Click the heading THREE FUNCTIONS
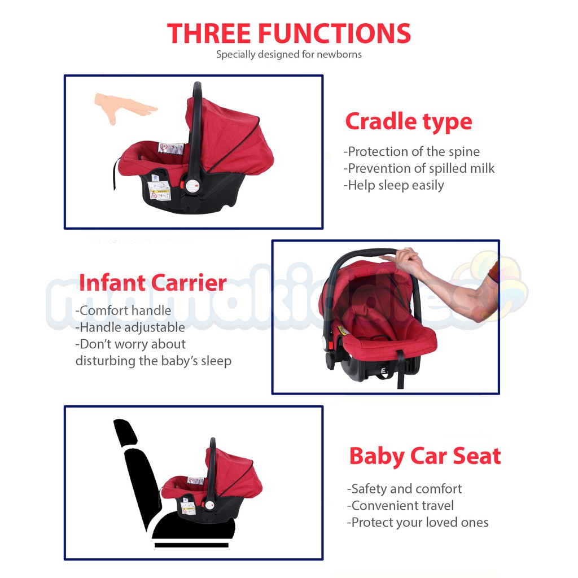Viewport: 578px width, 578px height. (x=288, y=33)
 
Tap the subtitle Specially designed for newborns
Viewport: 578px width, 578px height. (x=288, y=55)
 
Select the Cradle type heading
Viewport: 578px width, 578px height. (x=409, y=122)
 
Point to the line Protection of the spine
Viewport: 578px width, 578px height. (x=411, y=151)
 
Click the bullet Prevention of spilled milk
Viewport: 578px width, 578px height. (x=419, y=168)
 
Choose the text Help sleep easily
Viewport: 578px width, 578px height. (x=393, y=185)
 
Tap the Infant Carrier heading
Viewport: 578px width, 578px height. (x=152, y=283)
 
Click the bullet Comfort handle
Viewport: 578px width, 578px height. (x=123, y=311)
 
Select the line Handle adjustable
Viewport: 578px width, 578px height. (x=130, y=327)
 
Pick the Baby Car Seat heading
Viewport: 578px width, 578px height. (x=425, y=456)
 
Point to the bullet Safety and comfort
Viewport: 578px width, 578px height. (x=404, y=489)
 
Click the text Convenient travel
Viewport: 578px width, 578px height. (x=400, y=506)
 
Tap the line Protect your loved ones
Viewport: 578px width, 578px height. (x=417, y=523)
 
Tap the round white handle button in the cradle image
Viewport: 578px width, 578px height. (x=192, y=186)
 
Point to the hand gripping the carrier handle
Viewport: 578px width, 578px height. (x=405, y=260)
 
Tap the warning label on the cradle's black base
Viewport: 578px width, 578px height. (x=159, y=190)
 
